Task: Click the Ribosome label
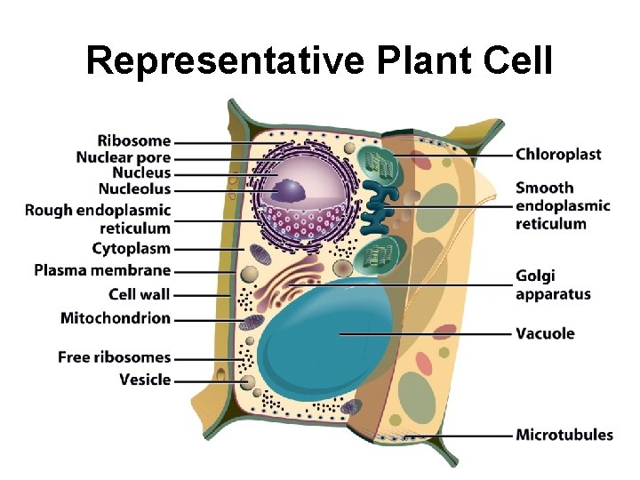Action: click(x=133, y=140)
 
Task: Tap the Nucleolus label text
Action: click(x=133, y=189)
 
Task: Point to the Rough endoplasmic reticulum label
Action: click(x=98, y=219)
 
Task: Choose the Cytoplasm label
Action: click(x=131, y=248)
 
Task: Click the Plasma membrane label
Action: click(x=102, y=270)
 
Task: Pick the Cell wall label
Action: click(x=139, y=294)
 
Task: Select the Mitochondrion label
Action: click(x=116, y=318)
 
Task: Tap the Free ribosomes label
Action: click(x=114, y=357)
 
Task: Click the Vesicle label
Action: click(x=144, y=380)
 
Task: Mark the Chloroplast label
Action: click(x=558, y=155)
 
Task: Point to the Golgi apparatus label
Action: click(x=553, y=285)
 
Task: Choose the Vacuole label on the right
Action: click(x=545, y=334)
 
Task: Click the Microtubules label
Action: click(x=564, y=435)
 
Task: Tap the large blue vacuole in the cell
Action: click(x=329, y=347)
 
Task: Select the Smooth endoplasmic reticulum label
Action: click(x=563, y=205)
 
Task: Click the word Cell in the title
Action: click(x=523, y=60)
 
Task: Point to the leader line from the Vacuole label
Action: click(x=427, y=334)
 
